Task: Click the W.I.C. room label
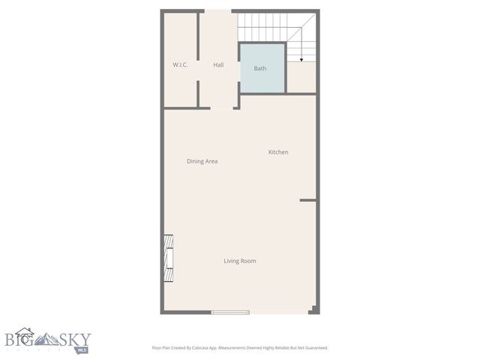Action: [180, 65]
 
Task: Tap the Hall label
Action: [218, 65]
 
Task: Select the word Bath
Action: [260, 68]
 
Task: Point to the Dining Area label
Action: [202, 161]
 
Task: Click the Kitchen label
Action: [278, 152]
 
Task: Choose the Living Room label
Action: [240, 261]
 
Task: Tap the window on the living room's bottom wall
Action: [230, 311]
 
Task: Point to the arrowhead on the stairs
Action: [301, 58]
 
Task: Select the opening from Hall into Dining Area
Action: [221, 109]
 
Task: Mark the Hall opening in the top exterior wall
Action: [218, 10]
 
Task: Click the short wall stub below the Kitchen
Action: [307, 200]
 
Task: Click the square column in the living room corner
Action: [313, 309]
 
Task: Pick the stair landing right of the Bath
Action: [301, 77]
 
